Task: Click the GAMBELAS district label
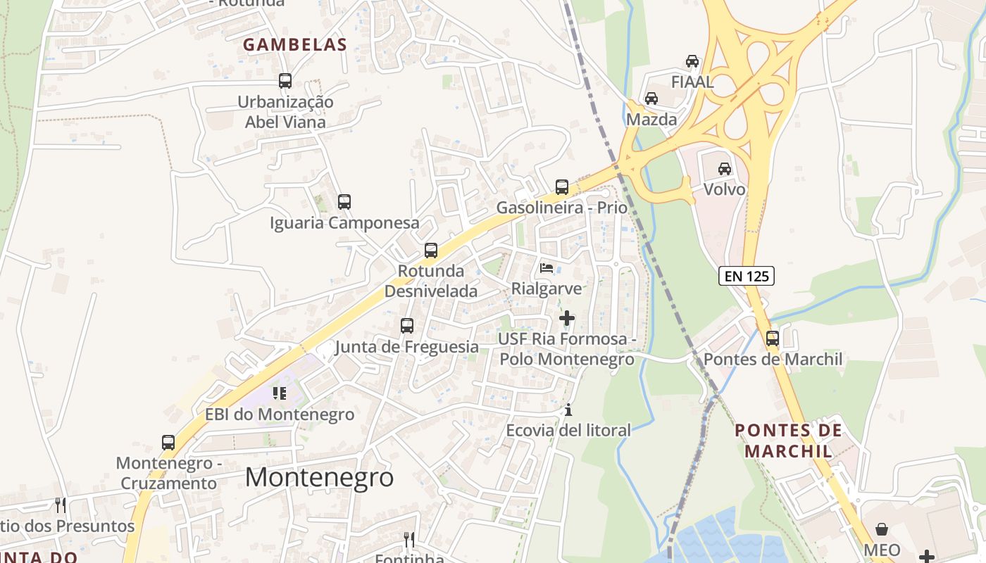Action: pyautogui.click(x=295, y=45)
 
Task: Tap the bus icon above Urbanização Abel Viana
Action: pyautogui.click(x=285, y=81)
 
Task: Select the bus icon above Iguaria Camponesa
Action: pyautogui.click(x=344, y=202)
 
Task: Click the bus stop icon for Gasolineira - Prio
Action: pyautogui.click(x=562, y=187)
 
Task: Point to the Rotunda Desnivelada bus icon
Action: pyautogui.click(x=431, y=251)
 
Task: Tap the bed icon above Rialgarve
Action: pyautogui.click(x=547, y=267)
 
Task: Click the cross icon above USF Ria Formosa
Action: pyautogui.click(x=567, y=318)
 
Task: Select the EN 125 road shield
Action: pyautogui.click(x=747, y=276)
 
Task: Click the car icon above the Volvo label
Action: pyautogui.click(x=725, y=169)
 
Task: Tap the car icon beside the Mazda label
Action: pyautogui.click(x=651, y=99)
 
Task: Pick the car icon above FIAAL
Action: pyautogui.click(x=692, y=61)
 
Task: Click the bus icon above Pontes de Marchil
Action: pyautogui.click(x=773, y=339)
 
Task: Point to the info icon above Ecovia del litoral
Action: pyautogui.click(x=569, y=410)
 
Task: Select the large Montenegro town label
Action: pyautogui.click(x=319, y=477)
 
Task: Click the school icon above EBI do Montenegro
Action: pyautogui.click(x=280, y=393)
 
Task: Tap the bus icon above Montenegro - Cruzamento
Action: pyautogui.click(x=168, y=443)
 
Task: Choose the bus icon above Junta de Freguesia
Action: pyautogui.click(x=407, y=326)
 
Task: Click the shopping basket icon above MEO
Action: pyautogui.click(x=882, y=529)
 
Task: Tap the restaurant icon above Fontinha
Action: pyautogui.click(x=409, y=540)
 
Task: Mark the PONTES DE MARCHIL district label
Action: pyautogui.click(x=788, y=440)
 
